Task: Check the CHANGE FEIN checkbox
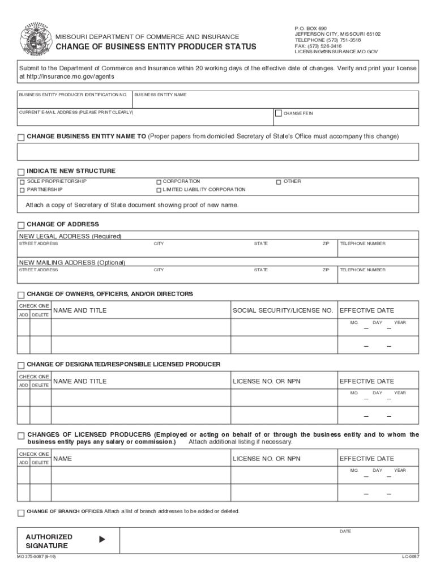[x=278, y=113]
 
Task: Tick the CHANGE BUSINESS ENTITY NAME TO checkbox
[x=21, y=137]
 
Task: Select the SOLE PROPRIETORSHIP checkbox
[x=22, y=182]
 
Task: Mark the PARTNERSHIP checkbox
[x=22, y=190]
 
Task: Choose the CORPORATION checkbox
[x=159, y=182]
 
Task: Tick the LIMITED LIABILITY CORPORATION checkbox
[x=159, y=190]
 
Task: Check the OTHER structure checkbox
[x=279, y=182]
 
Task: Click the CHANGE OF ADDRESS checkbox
[x=21, y=225]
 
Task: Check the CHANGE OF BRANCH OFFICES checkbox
[x=21, y=513]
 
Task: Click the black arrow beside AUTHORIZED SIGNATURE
[x=102, y=540]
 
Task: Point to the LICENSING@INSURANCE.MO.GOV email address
[x=336, y=52]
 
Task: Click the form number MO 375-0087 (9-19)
[x=36, y=557]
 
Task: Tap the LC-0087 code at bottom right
[x=411, y=557]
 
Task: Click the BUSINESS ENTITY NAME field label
[x=160, y=95]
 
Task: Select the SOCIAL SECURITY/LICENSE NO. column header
[x=283, y=310]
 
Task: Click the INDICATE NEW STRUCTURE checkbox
[x=21, y=172]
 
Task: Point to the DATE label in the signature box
[x=345, y=531]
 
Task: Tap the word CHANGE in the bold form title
[x=74, y=47]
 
